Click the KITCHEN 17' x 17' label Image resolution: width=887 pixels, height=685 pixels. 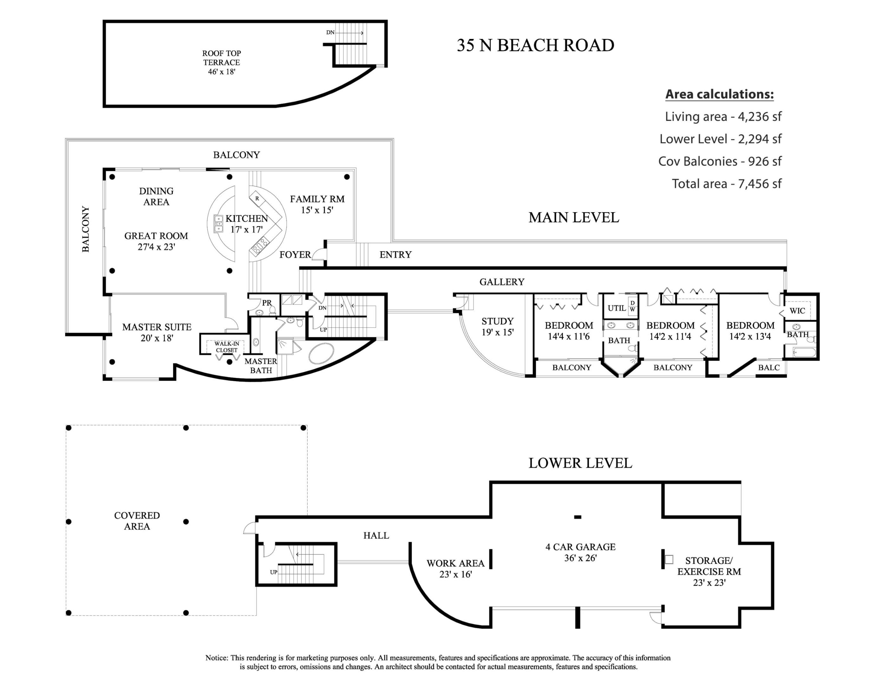[247, 224]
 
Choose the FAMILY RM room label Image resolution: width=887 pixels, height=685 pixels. [317, 204]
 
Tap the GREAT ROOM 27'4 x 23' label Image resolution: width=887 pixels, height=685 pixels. [156, 241]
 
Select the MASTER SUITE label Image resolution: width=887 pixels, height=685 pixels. [157, 332]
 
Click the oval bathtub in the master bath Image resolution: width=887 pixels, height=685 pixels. [321, 353]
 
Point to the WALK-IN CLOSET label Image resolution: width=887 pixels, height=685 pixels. [227, 347]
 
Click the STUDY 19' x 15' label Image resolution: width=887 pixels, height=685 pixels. [498, 326]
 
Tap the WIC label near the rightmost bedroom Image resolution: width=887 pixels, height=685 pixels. [797, 310]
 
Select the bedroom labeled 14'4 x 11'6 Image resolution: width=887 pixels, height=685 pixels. [569, 330]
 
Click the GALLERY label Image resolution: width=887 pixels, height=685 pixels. [502, 282]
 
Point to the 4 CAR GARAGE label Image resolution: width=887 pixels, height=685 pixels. [580, 552]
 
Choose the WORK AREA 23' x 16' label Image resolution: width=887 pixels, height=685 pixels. [455, 568]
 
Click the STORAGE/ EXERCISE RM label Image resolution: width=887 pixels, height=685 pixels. [709, 571]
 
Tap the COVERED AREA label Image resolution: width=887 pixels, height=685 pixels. [137, 521]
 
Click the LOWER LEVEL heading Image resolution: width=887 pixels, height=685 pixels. [580, 463]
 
